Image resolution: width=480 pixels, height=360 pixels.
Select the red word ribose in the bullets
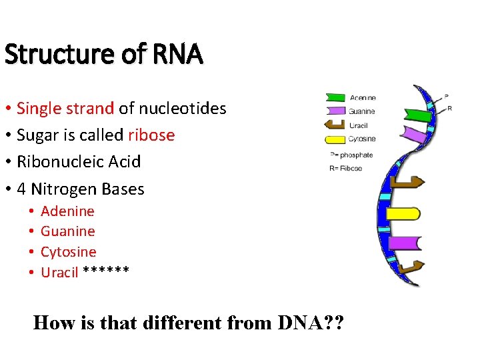pyautogui.click(x=151, y=135)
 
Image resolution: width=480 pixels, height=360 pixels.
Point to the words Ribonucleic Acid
pyautogui.click(x=79, y=162)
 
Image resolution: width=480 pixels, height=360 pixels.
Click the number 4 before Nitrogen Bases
pyautogui.click(x=21, y=189)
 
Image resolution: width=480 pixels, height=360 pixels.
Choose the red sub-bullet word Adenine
pyautogui.click(x=67, y=211)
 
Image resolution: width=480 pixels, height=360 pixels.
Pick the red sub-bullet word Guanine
pyautogui.click(x=67, y=231)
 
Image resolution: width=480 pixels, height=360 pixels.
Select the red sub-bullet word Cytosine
pyautogui.click(x=68, y=252)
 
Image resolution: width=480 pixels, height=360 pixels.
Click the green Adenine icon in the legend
pyautogui.click(x=335, y=98)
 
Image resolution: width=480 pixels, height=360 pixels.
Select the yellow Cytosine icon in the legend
pyautogui.click(x=335, y=139)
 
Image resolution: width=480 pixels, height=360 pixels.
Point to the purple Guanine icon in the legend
pyautogui.click(x=335, y=111)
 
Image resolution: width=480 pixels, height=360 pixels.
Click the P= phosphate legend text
pyautogui.click(x=351, y=155)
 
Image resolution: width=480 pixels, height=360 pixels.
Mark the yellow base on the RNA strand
pyautogui.click(x=403, y=214)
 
